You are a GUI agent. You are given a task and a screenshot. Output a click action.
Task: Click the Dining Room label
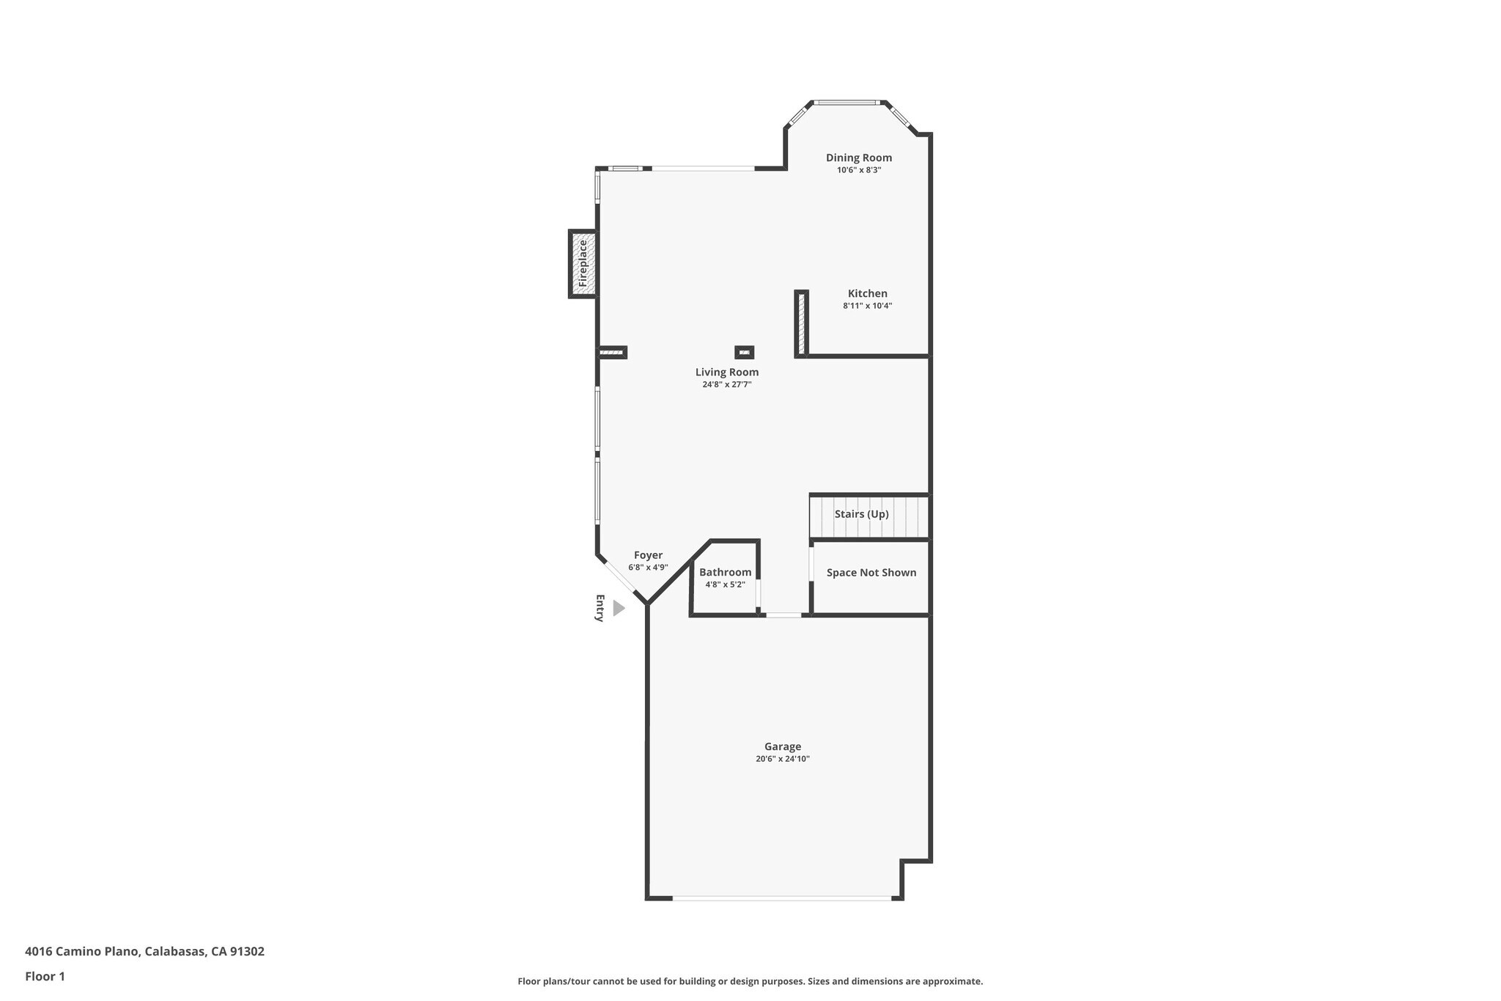click(858, 158)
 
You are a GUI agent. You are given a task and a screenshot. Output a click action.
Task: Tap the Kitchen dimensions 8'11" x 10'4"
click(867, 306)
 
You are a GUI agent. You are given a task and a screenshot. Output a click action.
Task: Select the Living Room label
click(726, 373)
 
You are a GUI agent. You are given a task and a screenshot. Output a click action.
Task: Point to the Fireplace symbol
click(583, 264)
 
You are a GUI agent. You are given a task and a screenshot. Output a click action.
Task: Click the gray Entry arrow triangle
click(618, 608)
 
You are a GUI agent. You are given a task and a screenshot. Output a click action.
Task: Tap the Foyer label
click(648, 556)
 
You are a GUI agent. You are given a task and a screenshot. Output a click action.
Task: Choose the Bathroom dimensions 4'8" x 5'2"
click(725, 584)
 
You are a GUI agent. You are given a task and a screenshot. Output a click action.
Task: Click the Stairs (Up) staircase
click(868, 516)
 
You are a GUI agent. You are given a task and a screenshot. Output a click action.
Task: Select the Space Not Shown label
click(871, 573)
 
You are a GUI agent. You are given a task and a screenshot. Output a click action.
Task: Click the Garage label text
click(782, 747)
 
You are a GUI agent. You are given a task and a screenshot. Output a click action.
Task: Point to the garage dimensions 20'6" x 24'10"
click(782, 759)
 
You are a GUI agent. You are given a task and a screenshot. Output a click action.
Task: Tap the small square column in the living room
click(744, 353)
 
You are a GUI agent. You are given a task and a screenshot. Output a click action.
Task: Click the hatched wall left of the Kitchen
click(801, 323)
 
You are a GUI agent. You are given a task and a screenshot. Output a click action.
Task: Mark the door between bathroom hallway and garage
click(783, 615)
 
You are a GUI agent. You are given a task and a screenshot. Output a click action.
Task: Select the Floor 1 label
click(45, 976)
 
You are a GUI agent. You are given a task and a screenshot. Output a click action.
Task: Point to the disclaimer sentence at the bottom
click(750, 981)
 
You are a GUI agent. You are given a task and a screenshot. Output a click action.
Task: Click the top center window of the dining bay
click(847, 103)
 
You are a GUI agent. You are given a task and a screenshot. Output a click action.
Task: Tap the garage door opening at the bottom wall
click(781, 898)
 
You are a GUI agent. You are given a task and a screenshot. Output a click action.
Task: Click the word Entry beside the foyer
click(600, 608)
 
